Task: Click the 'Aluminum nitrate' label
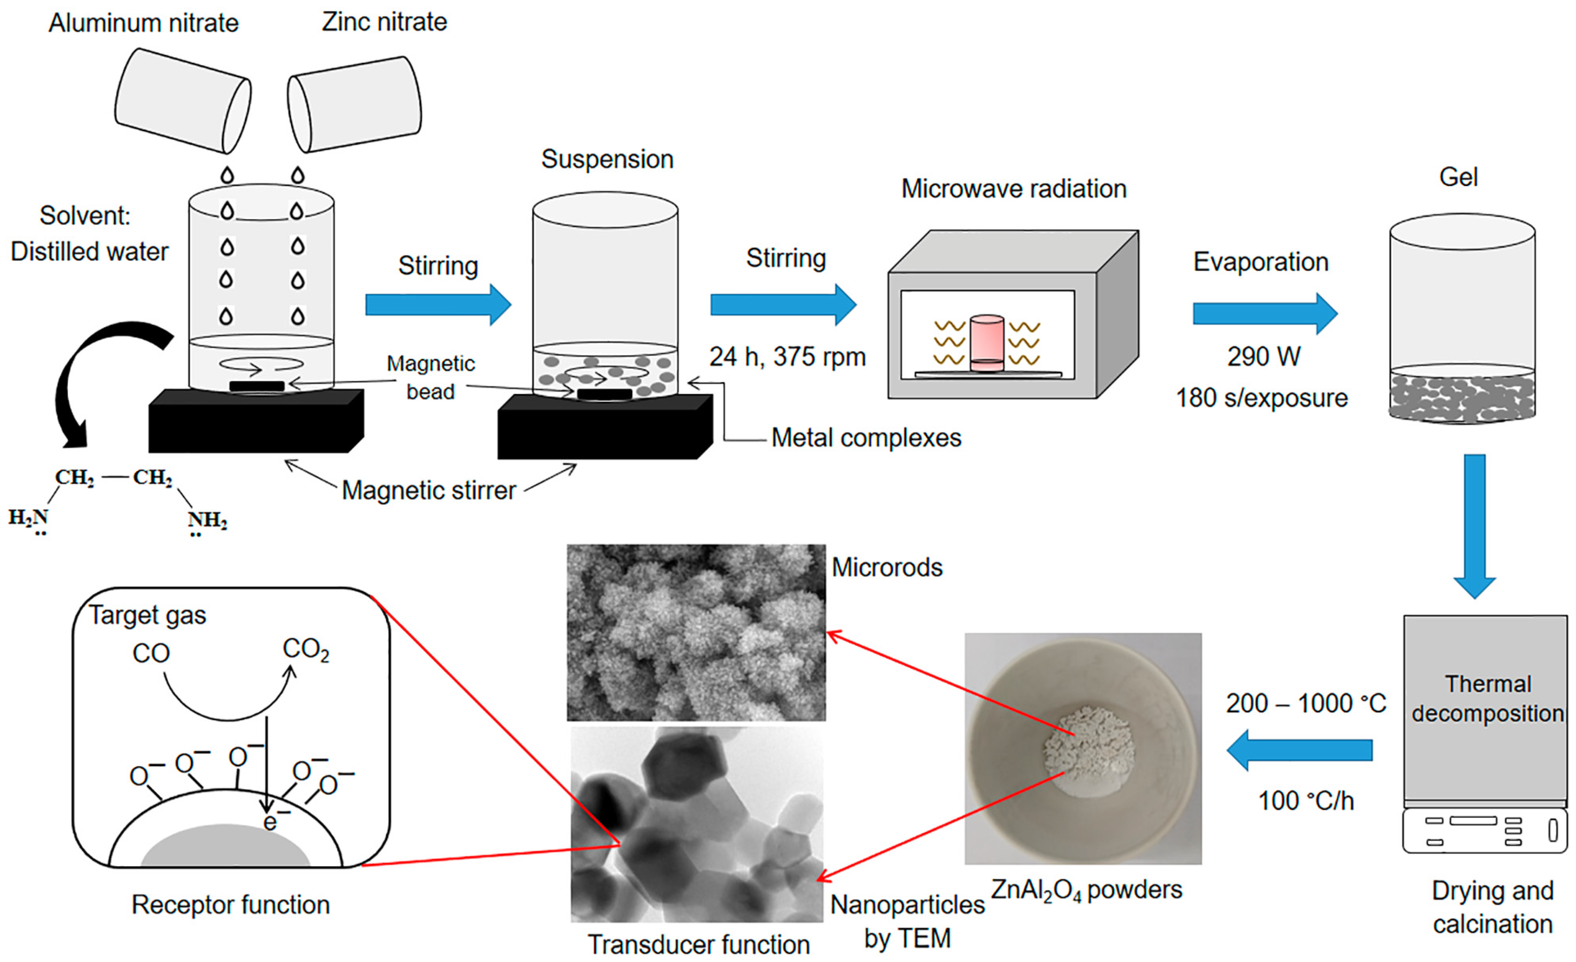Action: tap(143, 24)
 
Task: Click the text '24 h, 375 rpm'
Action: tap(787, 357)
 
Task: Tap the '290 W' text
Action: tap(1263, 357)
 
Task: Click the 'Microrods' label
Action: tap(887, 567)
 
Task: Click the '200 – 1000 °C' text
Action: tap(1305, 703)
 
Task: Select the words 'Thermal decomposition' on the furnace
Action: tap(1487, 698)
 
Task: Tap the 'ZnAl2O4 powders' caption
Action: tap(1086, 890)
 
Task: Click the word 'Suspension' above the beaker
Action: tap(607, 159)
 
